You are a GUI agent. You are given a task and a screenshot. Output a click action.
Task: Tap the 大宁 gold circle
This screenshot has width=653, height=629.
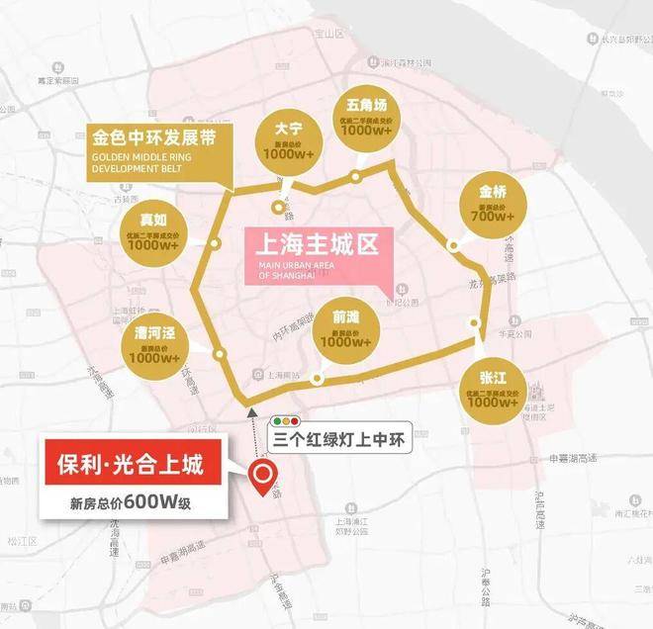[x=288, y=140]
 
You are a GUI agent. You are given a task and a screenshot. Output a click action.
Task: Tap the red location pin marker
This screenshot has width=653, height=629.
[x=264, y=479]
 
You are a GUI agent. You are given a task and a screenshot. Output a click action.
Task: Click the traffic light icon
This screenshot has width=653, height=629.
[x=285, y=420]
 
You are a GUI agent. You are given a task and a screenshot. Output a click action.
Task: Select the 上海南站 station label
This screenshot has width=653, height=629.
[x=283, y=376]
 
